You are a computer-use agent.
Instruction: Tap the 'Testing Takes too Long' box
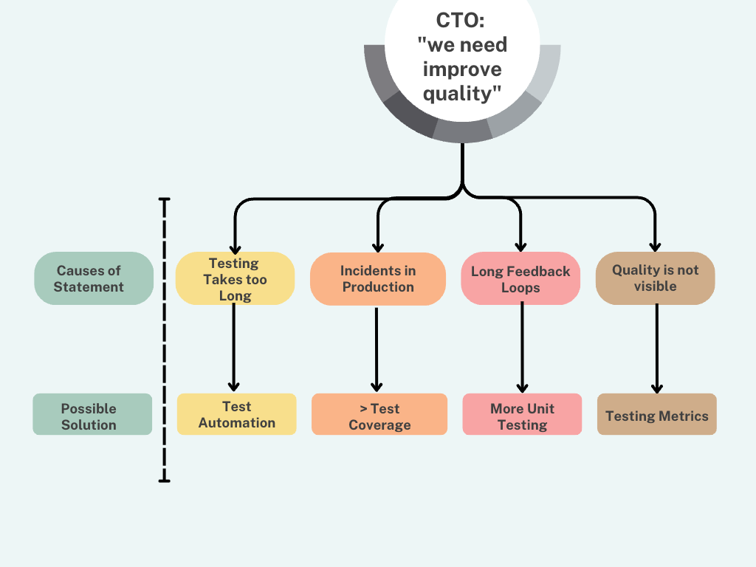coord(235,279)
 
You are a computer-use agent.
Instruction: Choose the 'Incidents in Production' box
coord(377,279)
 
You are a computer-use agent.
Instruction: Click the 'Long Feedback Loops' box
coord(520,279)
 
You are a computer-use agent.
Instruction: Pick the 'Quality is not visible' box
coord(655,278)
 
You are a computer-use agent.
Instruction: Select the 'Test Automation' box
coord(236,414)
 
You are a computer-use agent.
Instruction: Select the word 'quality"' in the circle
coord(462,94)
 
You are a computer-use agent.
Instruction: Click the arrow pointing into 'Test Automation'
coord(234,347)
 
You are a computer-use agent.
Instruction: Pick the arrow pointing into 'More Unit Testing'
coord(522,347)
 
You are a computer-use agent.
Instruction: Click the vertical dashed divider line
coord(164,340)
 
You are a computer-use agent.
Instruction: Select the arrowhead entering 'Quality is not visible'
coord(655,247)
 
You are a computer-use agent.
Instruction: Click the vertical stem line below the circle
coord(462,166)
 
